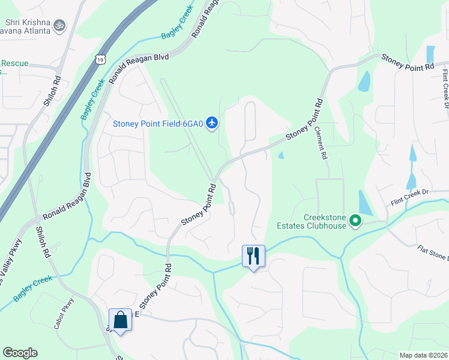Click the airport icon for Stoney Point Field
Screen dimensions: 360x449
(211, 123)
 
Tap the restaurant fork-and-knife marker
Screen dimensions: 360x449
(253, 256)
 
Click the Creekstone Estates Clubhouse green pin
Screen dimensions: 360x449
(355, 221)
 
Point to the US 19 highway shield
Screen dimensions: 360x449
(100, 58)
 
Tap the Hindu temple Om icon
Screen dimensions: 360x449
(59, 25)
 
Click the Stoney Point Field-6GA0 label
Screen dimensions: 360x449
(158, 124)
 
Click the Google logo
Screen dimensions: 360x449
(20, 353)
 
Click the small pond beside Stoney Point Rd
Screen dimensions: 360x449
(281, 155)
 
